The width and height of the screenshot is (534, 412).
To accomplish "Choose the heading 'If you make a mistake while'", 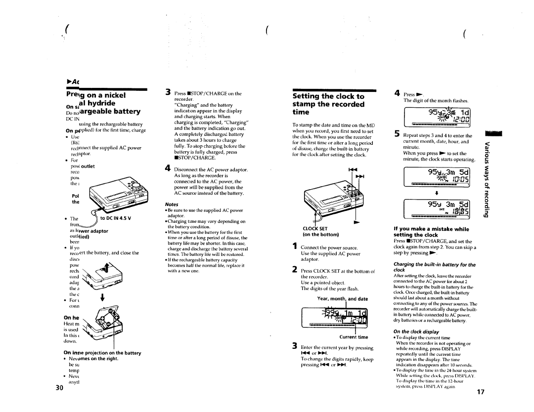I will [431, 229].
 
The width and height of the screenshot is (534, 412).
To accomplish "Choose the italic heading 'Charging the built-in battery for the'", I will [435, 265].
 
